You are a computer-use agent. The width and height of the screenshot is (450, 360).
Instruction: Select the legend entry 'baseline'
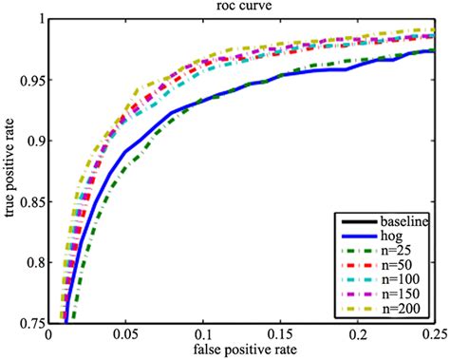[403, 221]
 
